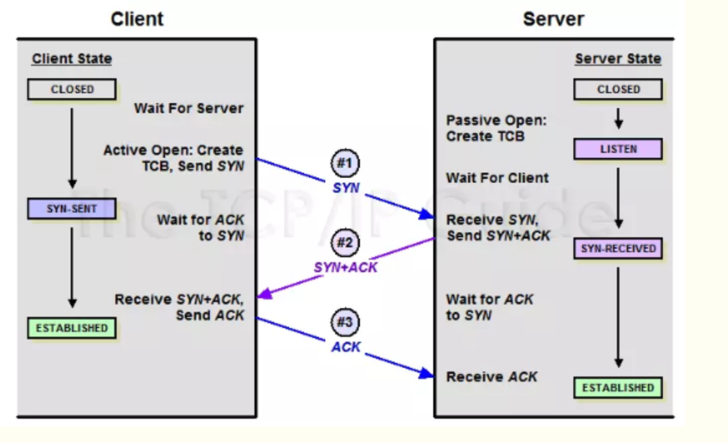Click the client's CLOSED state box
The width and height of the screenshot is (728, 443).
pyautogui.click(x=72, y=89)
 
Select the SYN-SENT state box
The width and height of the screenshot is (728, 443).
pyautogui.click(x=72, y=209)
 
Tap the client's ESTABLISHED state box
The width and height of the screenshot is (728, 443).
pyautogui.click(x=72, y=328)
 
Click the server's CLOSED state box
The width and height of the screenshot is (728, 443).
pyautogui.click(x=618, y=89)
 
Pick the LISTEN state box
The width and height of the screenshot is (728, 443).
pyautogui.click(x=618, y=149)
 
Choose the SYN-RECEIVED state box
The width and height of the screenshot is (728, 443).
pyautogui.click(x=618, y=249)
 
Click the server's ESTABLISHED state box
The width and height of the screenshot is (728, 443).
pyautogui.click(x=618, y=388)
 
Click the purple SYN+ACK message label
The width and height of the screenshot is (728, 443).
pyautogui.click(x=346, y=267)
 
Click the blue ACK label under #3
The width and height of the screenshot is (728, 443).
pyautogui.click(x=346, y=347)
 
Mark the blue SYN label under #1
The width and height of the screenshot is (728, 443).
pyautogui.click(x=346, y=188)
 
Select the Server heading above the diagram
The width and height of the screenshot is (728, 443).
pyautogui.click(x=554, y=19)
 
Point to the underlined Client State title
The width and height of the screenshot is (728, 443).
pyautogui.click(x=72, y=60)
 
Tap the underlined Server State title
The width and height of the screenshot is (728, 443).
pyautogui.click(x=618, y=60)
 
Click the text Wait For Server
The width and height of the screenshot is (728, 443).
pyautogui.click(x=189, y=109)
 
